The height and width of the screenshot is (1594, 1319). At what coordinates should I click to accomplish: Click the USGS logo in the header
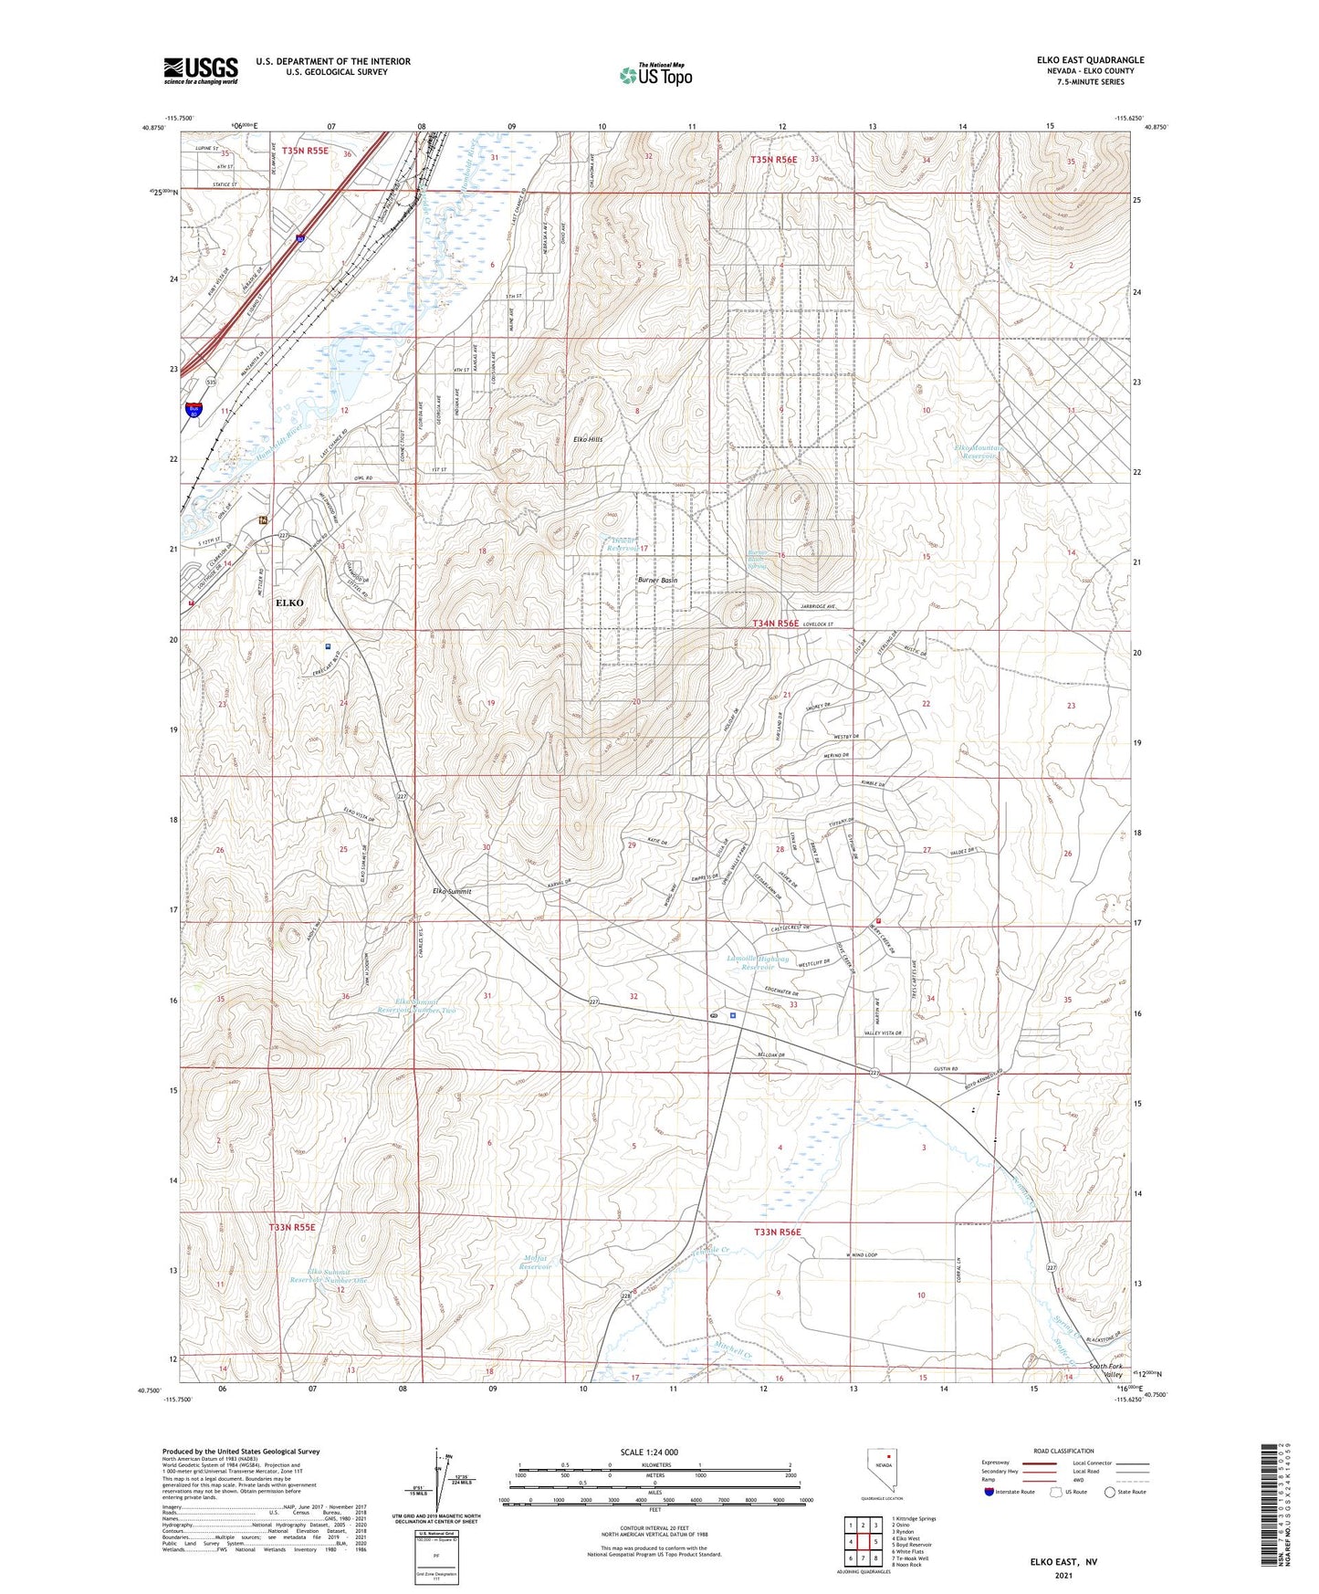(201, 70)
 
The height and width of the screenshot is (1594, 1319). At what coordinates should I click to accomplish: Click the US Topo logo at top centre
(655, 75)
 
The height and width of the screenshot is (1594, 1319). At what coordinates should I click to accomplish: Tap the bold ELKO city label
(290, 603)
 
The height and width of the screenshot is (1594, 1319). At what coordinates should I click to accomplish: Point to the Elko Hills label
(588, 439)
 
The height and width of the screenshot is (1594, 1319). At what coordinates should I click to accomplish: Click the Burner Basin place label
(658, 581)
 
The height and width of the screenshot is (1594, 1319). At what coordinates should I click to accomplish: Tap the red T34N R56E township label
(775, 624)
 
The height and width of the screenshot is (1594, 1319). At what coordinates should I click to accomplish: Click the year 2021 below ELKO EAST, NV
(1063, 1575)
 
